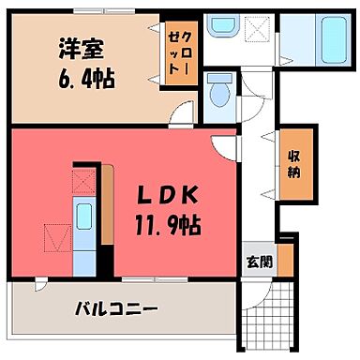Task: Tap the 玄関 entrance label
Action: (260, 262)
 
